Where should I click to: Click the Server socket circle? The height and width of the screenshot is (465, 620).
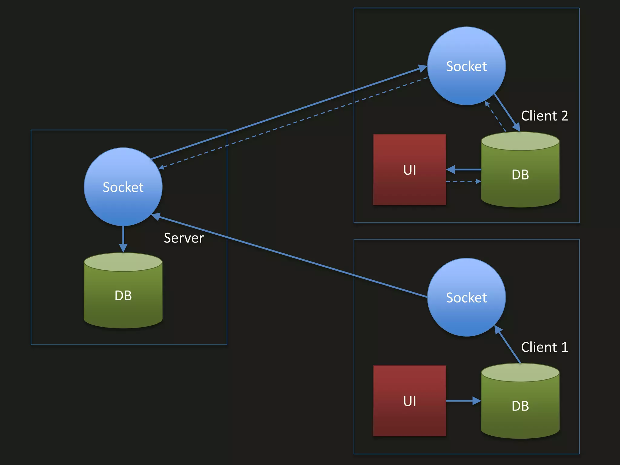[123, 187]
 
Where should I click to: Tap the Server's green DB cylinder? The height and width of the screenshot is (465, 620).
[123, 295]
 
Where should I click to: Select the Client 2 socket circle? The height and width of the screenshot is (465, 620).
[466, 66]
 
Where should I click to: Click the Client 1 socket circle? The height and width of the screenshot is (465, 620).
[466, 297]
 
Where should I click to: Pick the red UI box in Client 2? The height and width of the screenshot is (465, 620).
[409, 170]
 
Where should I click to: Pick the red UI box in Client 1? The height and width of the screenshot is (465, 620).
[409, 401]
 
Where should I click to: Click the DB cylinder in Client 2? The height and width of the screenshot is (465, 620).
[520, 174]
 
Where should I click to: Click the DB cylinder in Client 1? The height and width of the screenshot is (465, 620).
[520, 406]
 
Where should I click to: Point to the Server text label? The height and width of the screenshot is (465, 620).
[184, 238]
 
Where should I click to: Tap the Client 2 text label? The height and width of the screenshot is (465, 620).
[544, 116]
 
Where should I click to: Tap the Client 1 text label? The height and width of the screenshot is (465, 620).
[544, 347]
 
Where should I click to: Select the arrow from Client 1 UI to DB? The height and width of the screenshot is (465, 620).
[463, 401]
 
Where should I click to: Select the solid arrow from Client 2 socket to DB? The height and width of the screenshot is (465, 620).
[507, 112]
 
